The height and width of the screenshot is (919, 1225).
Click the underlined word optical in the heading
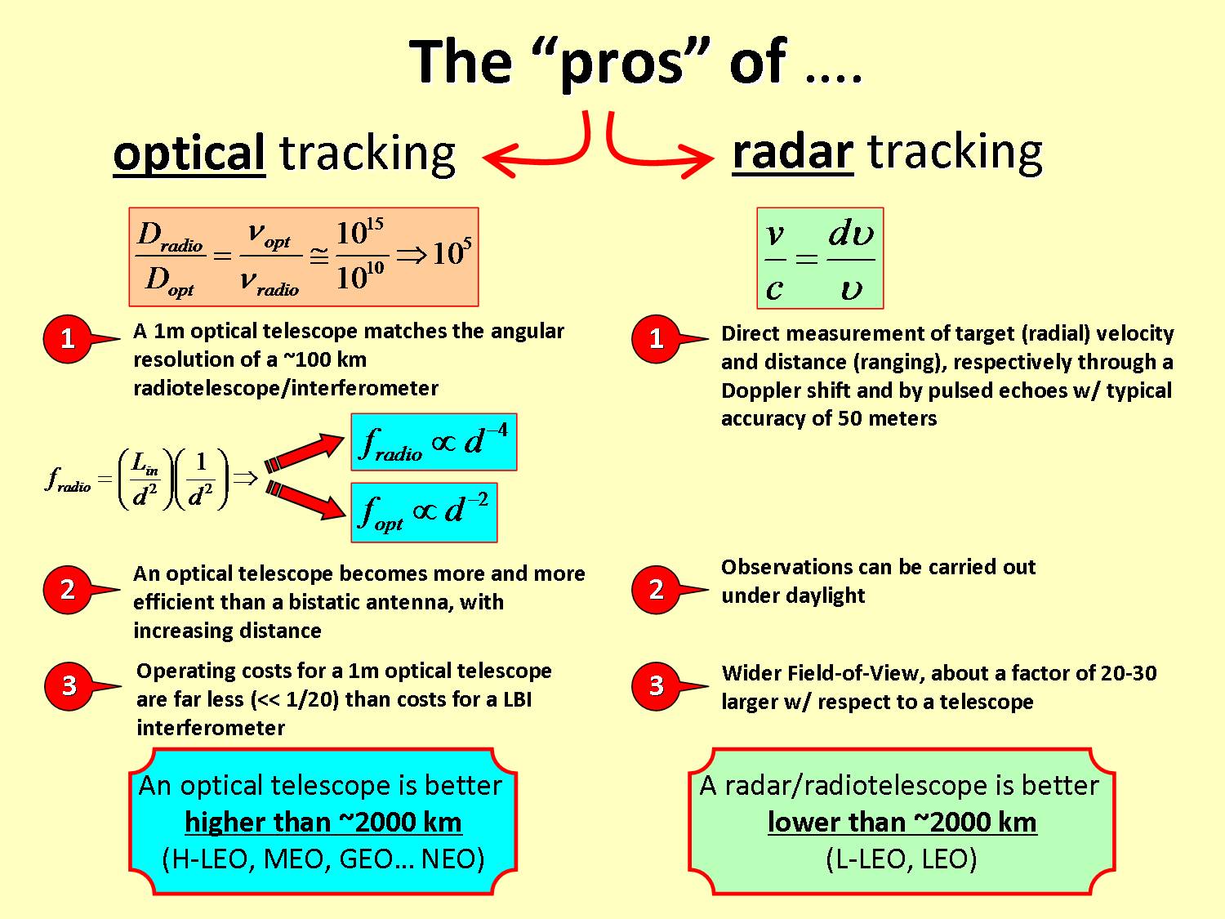pyautogui.click(x=189, y=154)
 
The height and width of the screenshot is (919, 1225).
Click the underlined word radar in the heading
pyautogui.click(x=792, y=152)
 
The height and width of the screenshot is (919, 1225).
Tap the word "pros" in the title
pyautogui.click(x=622, y=63)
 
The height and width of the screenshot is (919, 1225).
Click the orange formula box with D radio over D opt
pyautogui.click(x=304, y=257)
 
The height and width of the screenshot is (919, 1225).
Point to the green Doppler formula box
pyautogui.click(x=820, y=258)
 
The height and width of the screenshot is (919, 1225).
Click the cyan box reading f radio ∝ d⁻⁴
pyautogui.click(x=434, y=442)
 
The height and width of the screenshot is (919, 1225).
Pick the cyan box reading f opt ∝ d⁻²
pyautogui.click(x=424, y=512)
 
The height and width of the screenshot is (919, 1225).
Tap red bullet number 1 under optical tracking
pyautogui.click(x=68, y=339)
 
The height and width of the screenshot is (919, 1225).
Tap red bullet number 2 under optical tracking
pyautogui.click(x=68, y=590)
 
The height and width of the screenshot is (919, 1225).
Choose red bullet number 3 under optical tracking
pyautogui.click(x=69, y=686)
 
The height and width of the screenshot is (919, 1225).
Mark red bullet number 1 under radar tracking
pyautogui.click(x=657, y=339)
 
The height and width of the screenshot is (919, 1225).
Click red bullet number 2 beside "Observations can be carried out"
pyautogui.click(x=657, y=590)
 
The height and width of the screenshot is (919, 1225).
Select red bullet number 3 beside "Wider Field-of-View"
pyautogui.click(x=657, y=686)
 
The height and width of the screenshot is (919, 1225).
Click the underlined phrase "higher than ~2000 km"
pyautogui.click(x=323, y=823)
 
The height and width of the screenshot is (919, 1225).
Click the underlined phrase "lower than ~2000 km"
pyautogui.click(x=902, y=823)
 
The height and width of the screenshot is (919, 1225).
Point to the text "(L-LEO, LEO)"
pyautogui.click(x=902, y=859)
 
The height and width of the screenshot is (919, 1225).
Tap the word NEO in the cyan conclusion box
pyautogui.click(x=452, y=859)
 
